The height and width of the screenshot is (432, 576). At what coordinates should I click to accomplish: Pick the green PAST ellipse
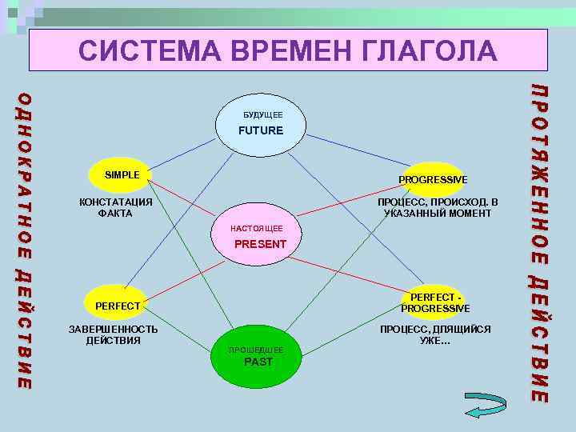point(255,357)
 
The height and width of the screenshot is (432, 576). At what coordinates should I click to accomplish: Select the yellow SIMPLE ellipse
point(122,175)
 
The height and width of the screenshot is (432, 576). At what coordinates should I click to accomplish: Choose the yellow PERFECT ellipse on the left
point(118,305)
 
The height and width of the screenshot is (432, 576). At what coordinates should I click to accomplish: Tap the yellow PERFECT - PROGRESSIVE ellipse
point(435,302)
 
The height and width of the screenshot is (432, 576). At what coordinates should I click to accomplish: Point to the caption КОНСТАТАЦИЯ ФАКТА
point(115,207)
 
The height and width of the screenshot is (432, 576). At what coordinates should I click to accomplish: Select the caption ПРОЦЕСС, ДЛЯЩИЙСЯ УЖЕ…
point(435,334)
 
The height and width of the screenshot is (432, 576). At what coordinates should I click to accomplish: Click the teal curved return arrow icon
point(485,404)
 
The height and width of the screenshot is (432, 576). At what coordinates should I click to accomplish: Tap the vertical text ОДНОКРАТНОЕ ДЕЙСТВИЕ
point(25,240)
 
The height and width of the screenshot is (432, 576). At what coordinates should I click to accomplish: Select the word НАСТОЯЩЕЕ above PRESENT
point(256,229)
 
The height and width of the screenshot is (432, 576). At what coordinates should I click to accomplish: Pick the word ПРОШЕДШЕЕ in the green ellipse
point(254,350)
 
